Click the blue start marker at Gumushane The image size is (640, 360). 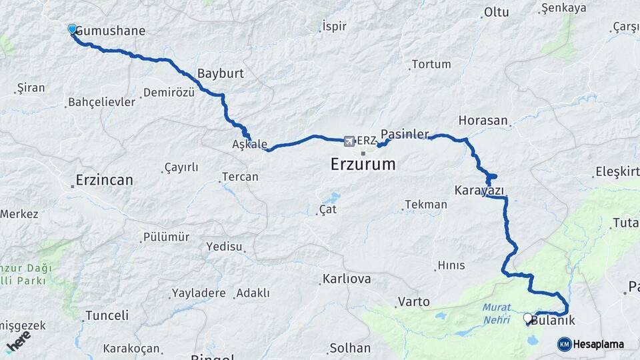coord(72,29)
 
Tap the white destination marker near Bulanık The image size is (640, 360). coord(527,319)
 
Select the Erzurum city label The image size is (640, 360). coord(363,164)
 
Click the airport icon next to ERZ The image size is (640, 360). coord(349,141)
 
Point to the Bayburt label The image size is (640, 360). coord(221,73)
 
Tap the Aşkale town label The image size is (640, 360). coord(249,145)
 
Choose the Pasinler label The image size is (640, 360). coord(405,134)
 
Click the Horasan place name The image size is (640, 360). coord(483,121)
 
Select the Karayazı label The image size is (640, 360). coord(479,190)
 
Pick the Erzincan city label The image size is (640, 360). coord(104,180)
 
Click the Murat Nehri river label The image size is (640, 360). coord(497,311)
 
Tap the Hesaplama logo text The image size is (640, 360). coord(598,344)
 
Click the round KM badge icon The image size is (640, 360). coord(564,344)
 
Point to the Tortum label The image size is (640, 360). coord(431,65)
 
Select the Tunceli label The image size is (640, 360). coord(107,315)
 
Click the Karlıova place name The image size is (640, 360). coord(346,279)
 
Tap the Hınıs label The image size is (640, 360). coord(451,265)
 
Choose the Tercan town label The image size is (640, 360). coord(240,177)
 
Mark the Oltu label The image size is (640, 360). coord(496,12)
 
